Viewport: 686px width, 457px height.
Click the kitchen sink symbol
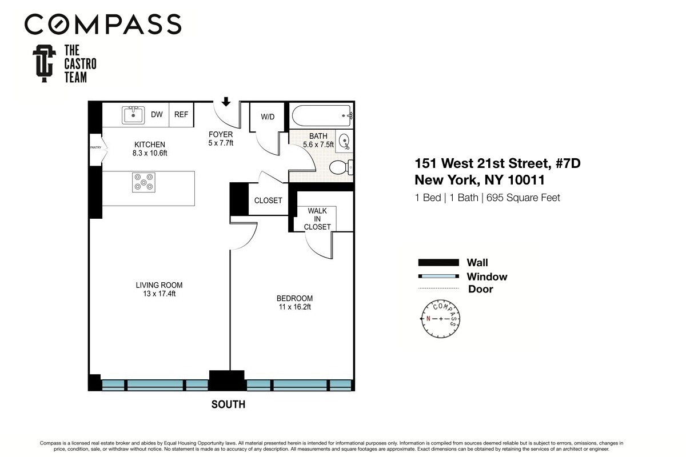133,115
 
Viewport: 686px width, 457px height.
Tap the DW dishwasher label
157,115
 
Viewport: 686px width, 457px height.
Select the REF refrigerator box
181,115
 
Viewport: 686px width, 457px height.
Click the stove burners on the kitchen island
142,182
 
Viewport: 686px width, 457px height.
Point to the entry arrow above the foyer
226,102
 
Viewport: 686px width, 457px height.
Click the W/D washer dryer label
268,117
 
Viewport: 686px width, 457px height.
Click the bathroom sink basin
344,141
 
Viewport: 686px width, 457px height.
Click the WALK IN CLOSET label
317,219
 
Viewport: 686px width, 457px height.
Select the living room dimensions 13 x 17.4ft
159,294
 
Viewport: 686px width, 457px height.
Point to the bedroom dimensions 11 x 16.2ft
294,307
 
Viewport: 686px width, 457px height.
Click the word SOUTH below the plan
228,404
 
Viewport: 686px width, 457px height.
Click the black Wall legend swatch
438,263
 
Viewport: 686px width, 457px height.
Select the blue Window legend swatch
438,276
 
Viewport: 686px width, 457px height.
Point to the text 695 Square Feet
523,198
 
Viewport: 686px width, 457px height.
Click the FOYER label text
220,135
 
